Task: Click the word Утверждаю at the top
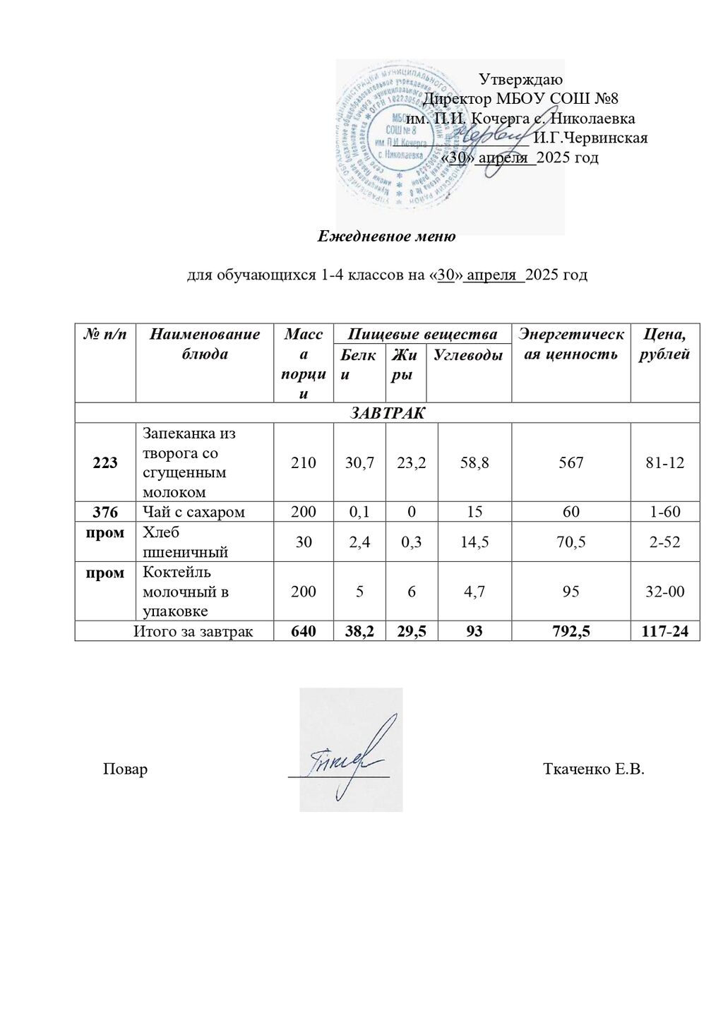520,79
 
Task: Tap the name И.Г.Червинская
590,138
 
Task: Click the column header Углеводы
468,355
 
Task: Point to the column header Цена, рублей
664,344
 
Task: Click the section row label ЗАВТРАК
387,412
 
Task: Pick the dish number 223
105,462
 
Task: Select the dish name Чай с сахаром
193,512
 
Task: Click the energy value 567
570,462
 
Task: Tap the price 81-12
665,462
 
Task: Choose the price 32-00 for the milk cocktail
665,592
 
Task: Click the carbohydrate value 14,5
474,542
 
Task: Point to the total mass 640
304,630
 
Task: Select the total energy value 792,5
570,630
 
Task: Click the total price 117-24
664,630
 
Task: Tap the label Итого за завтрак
193,630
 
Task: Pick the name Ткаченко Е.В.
594,769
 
